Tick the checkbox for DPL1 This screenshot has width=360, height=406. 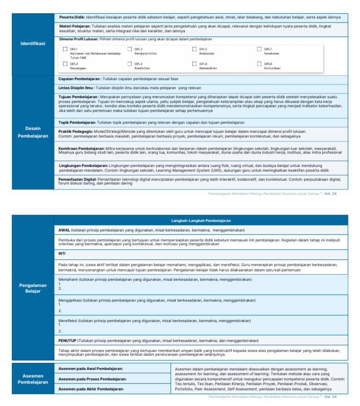point(65,49)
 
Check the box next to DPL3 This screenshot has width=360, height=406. point(129,49)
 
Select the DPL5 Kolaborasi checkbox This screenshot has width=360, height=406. point(194,49)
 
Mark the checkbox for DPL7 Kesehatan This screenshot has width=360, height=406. point(259,49)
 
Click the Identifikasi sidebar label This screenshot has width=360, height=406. point(33,44)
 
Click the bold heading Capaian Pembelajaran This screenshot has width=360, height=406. point(80,79)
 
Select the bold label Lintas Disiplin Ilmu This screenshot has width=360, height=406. point(76,88)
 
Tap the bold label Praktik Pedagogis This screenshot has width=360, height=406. point(75,132)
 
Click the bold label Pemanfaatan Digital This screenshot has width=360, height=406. point(77,180)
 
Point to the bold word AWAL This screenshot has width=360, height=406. point(64,231)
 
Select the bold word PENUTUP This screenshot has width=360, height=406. point(67,340)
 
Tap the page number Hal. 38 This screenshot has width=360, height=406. point(331,194)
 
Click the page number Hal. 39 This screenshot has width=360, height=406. point(331,397)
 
